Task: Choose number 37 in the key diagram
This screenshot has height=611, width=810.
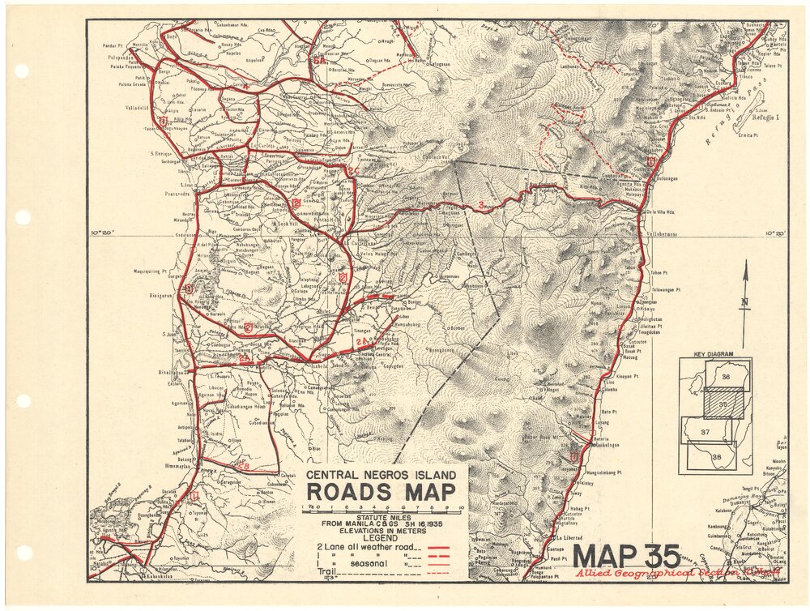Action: (705, 432)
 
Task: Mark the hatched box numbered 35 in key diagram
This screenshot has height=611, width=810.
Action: (723, 402)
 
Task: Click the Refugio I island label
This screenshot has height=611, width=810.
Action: (765, 118)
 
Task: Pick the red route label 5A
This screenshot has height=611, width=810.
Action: (320, 58)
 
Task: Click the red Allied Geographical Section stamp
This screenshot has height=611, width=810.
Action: (677, 572)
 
